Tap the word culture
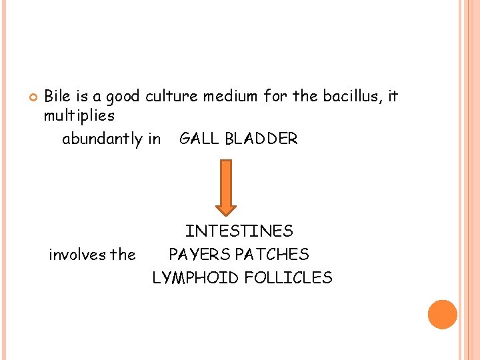click(175, 96)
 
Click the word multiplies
click(79, 116)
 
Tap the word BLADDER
click(261, 139)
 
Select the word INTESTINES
click(239, 231)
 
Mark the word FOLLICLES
click(288, 278)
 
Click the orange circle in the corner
click(443, 314)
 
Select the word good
click(123, 97)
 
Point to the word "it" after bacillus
click(393, 96)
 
